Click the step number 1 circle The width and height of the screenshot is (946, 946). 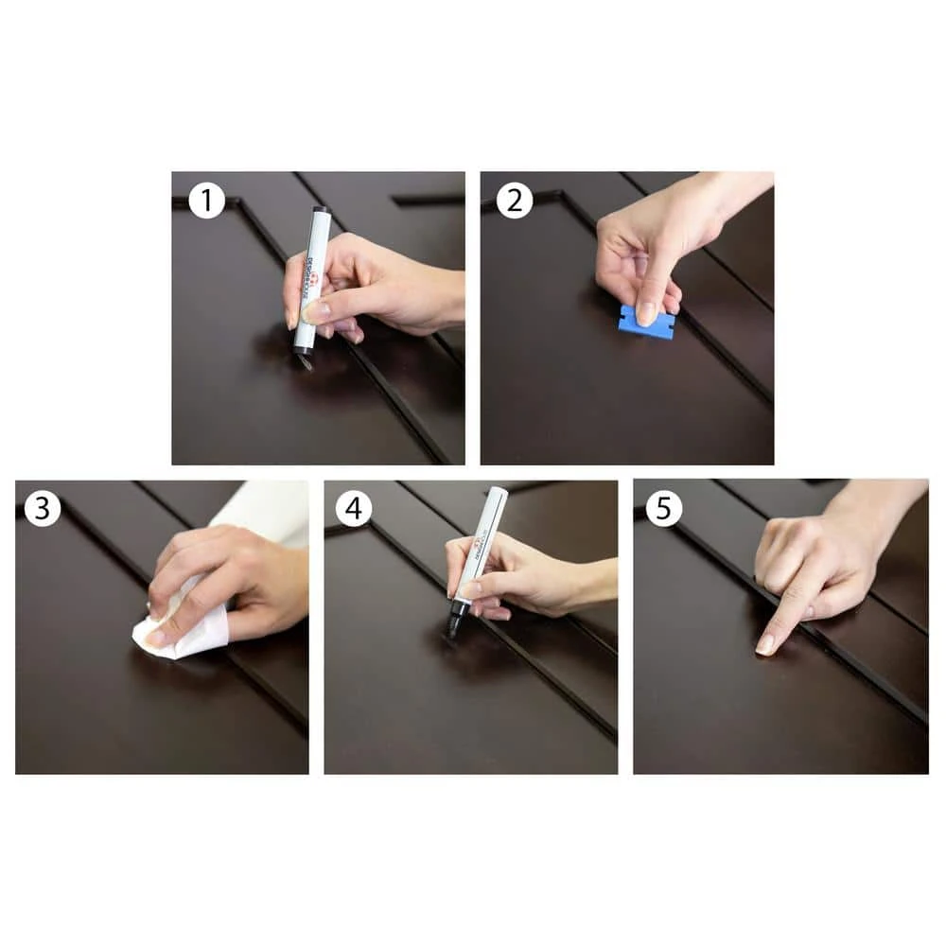tap(206, 201)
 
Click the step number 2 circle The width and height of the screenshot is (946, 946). tap(516, 201)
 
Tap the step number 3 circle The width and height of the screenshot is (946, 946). tap(43, 509)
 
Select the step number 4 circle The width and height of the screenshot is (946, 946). tap(353, 509)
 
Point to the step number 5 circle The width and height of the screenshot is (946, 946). tap(663, 509)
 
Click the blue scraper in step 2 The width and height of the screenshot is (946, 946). tap(646, 323)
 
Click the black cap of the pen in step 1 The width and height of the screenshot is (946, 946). tap(320, 212)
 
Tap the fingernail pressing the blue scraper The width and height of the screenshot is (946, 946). tap(647, 312)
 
